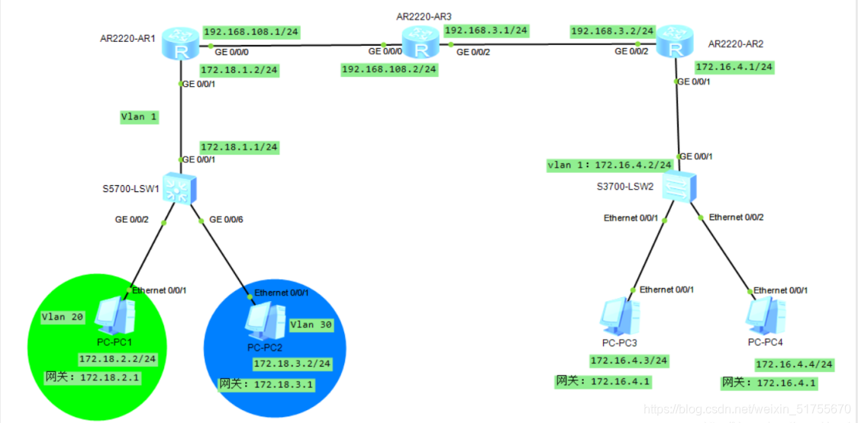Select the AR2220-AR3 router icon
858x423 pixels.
tap(418, 45)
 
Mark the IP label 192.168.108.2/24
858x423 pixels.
tap(389, 69)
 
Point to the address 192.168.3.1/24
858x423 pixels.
tap(486, 30)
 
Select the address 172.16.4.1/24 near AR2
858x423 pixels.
tap(734, 67)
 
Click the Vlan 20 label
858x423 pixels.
tap(63, 317)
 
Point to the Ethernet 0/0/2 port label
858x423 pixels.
tap(736, 217)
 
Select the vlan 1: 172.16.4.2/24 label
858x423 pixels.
tap(609, 165)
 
